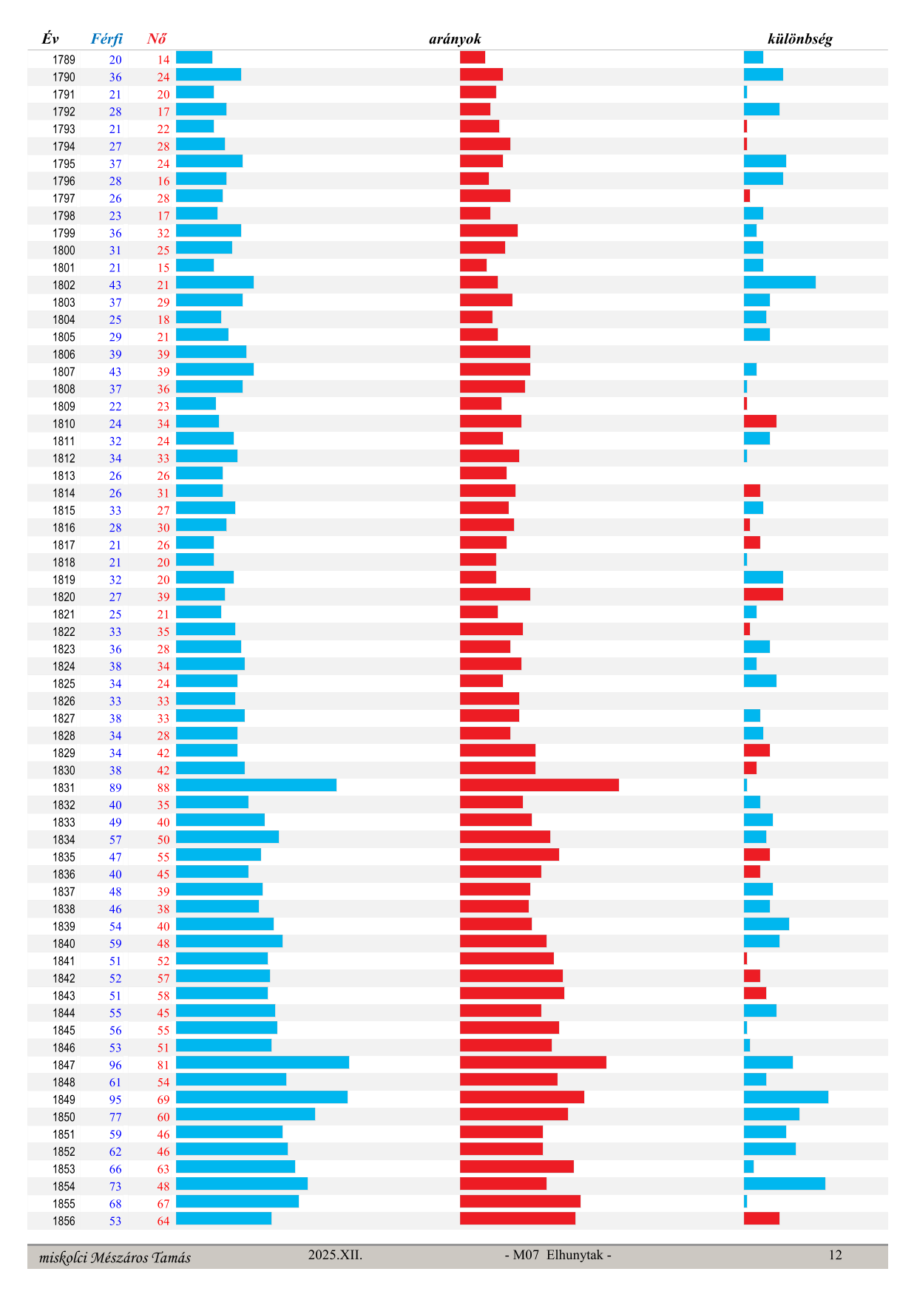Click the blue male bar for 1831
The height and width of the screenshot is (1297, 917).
[x=256, y=785]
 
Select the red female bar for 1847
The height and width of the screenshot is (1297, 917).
[x=532, y=1063]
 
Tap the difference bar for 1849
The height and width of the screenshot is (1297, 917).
[x=785, y=1097]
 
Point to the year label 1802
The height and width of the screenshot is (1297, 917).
[x=64, y=285]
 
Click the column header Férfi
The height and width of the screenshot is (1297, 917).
[x=106, y=39]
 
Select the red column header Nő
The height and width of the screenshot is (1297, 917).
[x=157, y=39]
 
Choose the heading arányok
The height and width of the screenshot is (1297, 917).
[x=455, y=39]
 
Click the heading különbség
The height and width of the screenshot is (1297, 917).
[x=799, y=39]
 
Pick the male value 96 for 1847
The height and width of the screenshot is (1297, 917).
[x=115, y=1066]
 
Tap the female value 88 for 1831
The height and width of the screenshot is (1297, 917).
[x=163, y=788]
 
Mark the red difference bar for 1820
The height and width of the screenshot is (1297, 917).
[x=763, y=595]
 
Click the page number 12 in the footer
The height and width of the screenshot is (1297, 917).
[x=835, y=1255]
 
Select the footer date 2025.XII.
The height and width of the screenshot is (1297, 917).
[x=335, y=1255]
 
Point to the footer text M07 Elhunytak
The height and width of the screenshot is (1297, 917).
[x=558, y=1255]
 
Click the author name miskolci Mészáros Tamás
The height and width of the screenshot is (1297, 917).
[x=115, y=1257]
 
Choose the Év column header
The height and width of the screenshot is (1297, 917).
[x=50, y=39]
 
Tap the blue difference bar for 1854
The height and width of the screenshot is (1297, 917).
[x=784, y=1184]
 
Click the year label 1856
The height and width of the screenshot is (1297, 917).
[x=64, y=1222]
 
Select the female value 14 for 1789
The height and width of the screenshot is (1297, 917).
[x=163, y=60]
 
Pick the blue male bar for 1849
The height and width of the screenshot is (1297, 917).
[x=262, y=1097]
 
